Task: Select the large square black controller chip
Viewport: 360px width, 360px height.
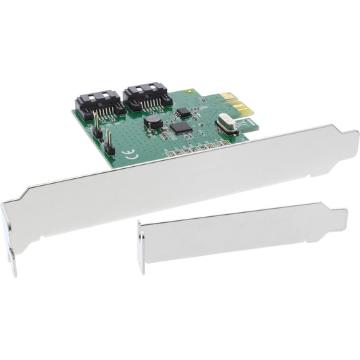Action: point(180,127)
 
